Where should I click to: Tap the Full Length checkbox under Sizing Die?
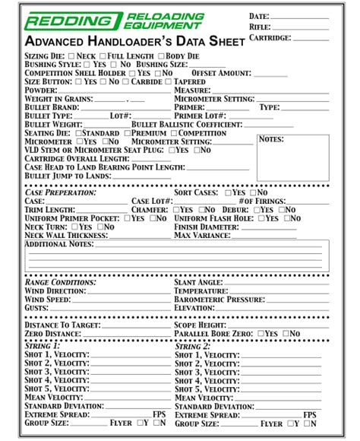103,56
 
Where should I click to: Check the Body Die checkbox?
161,56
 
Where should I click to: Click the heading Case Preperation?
61,193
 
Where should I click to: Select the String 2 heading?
193,346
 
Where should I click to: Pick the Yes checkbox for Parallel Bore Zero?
261,334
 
